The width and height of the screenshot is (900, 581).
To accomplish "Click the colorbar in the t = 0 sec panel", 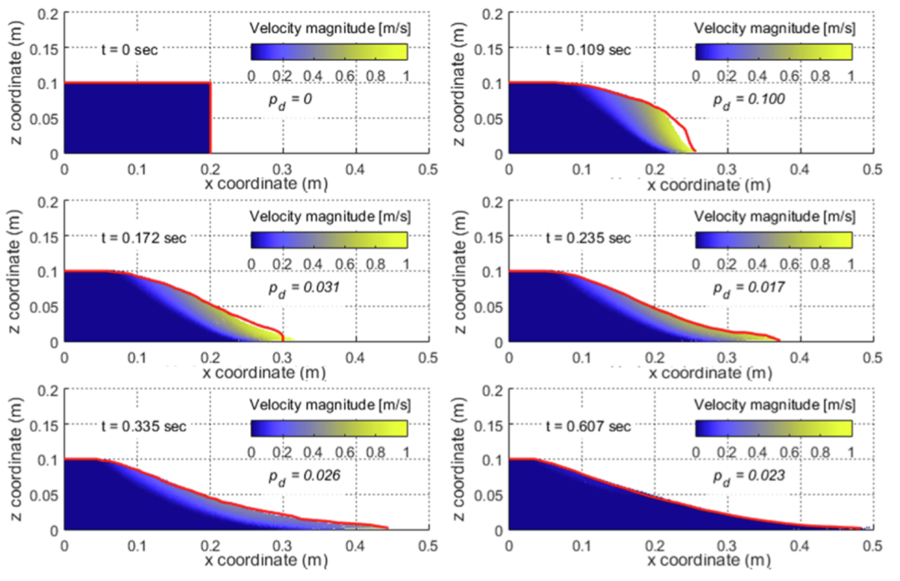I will (328, 52).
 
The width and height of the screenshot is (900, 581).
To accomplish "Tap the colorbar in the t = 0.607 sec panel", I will (772, 429).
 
